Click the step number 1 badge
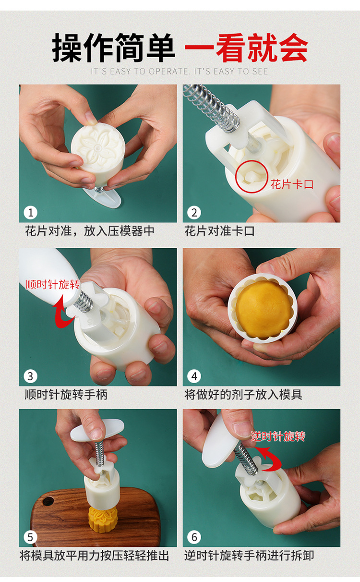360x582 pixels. click(30, 213)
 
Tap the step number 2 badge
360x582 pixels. click(194, 213)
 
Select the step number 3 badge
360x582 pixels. click(30, 376)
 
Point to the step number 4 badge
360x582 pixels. click(194, 376)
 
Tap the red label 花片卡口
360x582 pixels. click(292, 184)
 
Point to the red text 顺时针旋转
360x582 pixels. click(53, 285)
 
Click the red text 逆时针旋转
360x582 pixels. click(278, 436)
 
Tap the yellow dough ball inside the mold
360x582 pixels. click(263, 308)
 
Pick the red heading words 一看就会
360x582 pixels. click(246, 48)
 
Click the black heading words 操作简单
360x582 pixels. click(114, 48)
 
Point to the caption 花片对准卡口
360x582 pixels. click(220, 230)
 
